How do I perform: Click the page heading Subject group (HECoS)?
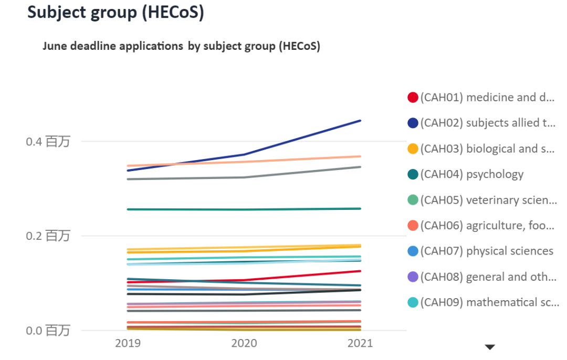coord(115,13)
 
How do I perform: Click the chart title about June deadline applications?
coord(181,46)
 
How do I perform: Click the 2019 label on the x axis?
coord(128,343)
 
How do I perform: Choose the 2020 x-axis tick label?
coord(244,343)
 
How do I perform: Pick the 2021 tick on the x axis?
coord(360,343)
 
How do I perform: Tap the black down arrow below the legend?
coord(490,347)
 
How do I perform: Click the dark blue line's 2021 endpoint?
coord(361,121)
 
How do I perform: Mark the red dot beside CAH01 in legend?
coord(413,98)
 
